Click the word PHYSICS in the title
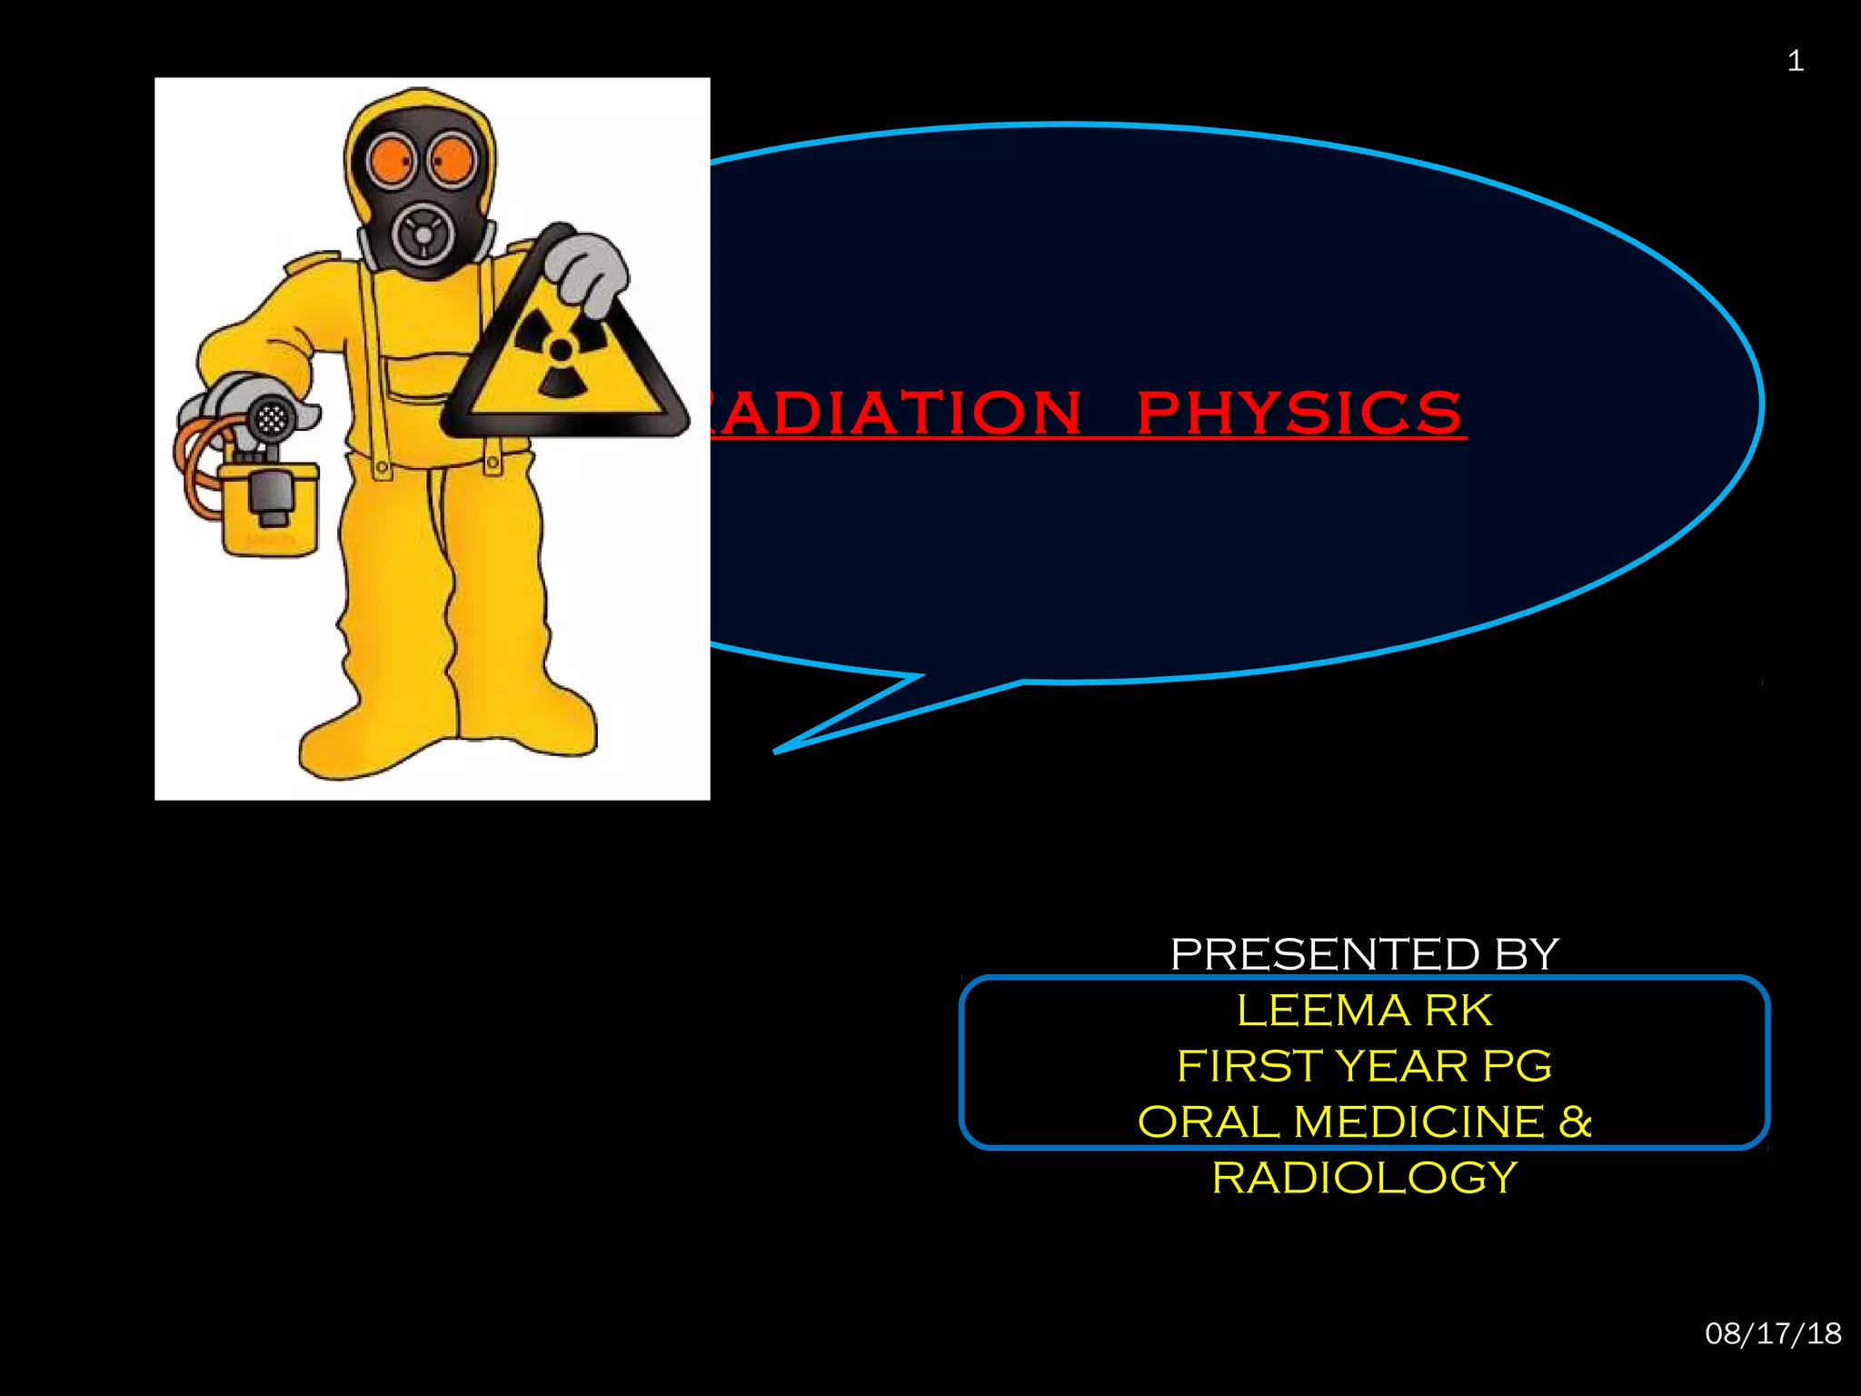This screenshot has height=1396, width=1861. pos(1299,413)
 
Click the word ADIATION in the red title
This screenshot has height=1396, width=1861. pos(895,413)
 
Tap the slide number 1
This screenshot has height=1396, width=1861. pos(1795,61)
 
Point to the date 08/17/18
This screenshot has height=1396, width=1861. pos(1773,1333)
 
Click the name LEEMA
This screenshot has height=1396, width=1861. pos(1322,1011)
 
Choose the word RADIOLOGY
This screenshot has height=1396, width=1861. pos(1364,1178)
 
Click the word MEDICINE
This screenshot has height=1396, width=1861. pos(1418,1122)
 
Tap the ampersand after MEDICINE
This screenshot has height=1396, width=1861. pos(1575,1122)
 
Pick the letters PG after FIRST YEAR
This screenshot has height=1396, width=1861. pos(1517,1066)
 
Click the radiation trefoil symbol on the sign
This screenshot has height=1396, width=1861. pos(561,350)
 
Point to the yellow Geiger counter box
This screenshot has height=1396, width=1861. pos(269,509)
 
